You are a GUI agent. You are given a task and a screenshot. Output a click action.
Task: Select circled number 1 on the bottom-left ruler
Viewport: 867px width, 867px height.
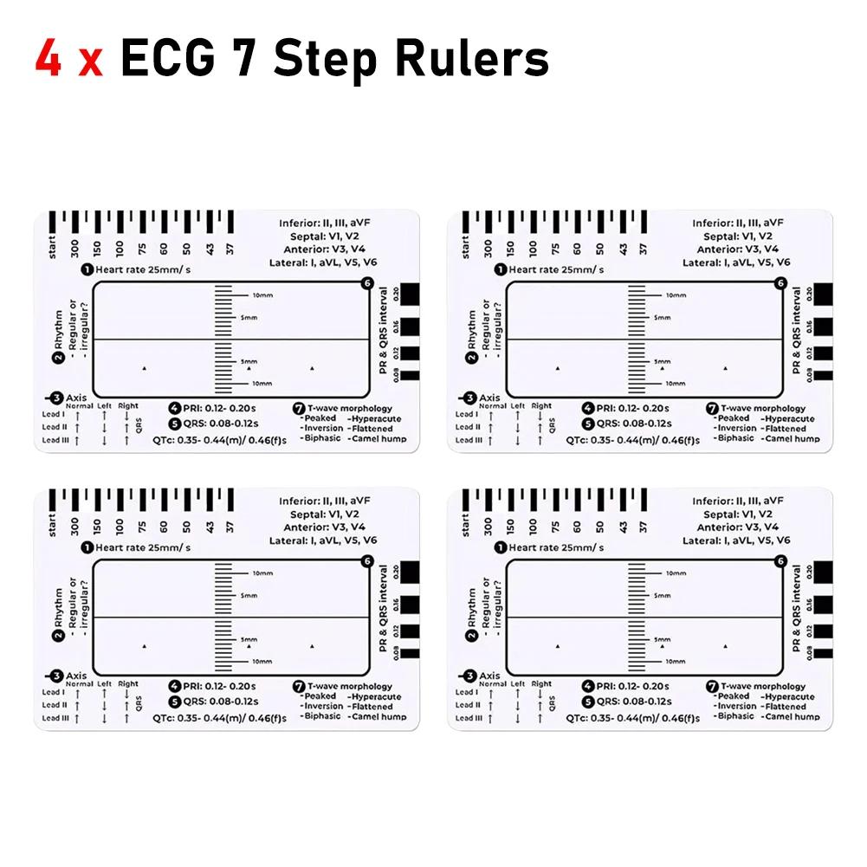click(87, 547)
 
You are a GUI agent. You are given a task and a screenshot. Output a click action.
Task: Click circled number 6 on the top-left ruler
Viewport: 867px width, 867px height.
click(368, 283)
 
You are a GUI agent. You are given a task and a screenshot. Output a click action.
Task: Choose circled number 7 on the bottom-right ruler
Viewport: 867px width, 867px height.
click(712, 686)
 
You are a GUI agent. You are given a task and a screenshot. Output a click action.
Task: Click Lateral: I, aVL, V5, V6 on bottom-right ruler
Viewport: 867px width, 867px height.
click(735, 540)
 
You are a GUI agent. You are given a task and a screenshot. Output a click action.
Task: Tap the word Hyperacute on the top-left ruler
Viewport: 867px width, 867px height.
click(375, 418)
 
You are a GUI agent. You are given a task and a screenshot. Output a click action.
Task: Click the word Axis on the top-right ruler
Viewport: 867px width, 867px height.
click(490, 398)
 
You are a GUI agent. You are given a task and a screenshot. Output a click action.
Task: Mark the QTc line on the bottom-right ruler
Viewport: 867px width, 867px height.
click(632, 718)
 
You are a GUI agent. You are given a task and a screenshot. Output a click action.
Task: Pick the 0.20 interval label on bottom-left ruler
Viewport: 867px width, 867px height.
click(397, 571)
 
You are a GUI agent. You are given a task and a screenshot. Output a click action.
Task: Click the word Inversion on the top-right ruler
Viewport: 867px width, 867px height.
click(736, 428)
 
